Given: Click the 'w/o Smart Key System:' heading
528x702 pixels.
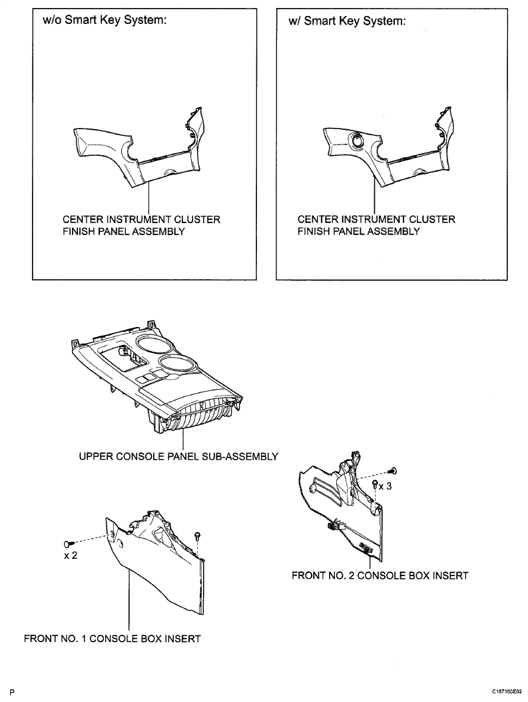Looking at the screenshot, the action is tap(105, 21).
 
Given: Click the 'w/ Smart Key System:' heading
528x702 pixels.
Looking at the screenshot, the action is tap(347, 21).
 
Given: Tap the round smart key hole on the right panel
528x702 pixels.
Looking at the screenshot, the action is tap(358, 141).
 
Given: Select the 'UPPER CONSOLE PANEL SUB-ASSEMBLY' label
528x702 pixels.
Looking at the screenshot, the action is tap(178, 457).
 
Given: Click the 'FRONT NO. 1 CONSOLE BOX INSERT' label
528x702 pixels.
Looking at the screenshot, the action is tap(113, 639).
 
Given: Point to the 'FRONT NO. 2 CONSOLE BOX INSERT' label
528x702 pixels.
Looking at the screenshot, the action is tap(380, 575).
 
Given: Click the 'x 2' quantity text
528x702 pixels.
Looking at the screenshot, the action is tap(71, 555).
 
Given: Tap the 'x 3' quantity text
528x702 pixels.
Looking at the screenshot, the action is tap(386, 486).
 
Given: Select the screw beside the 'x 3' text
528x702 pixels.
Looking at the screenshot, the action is tap(375, 484).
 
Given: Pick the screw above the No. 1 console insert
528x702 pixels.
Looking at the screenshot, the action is tap(196, 535).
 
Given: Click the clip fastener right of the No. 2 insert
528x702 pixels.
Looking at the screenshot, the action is tap(393, 470).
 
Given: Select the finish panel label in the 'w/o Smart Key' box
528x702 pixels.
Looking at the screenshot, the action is tap(141, 226).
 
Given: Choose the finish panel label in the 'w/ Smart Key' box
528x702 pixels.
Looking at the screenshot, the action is tap(376, 226).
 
